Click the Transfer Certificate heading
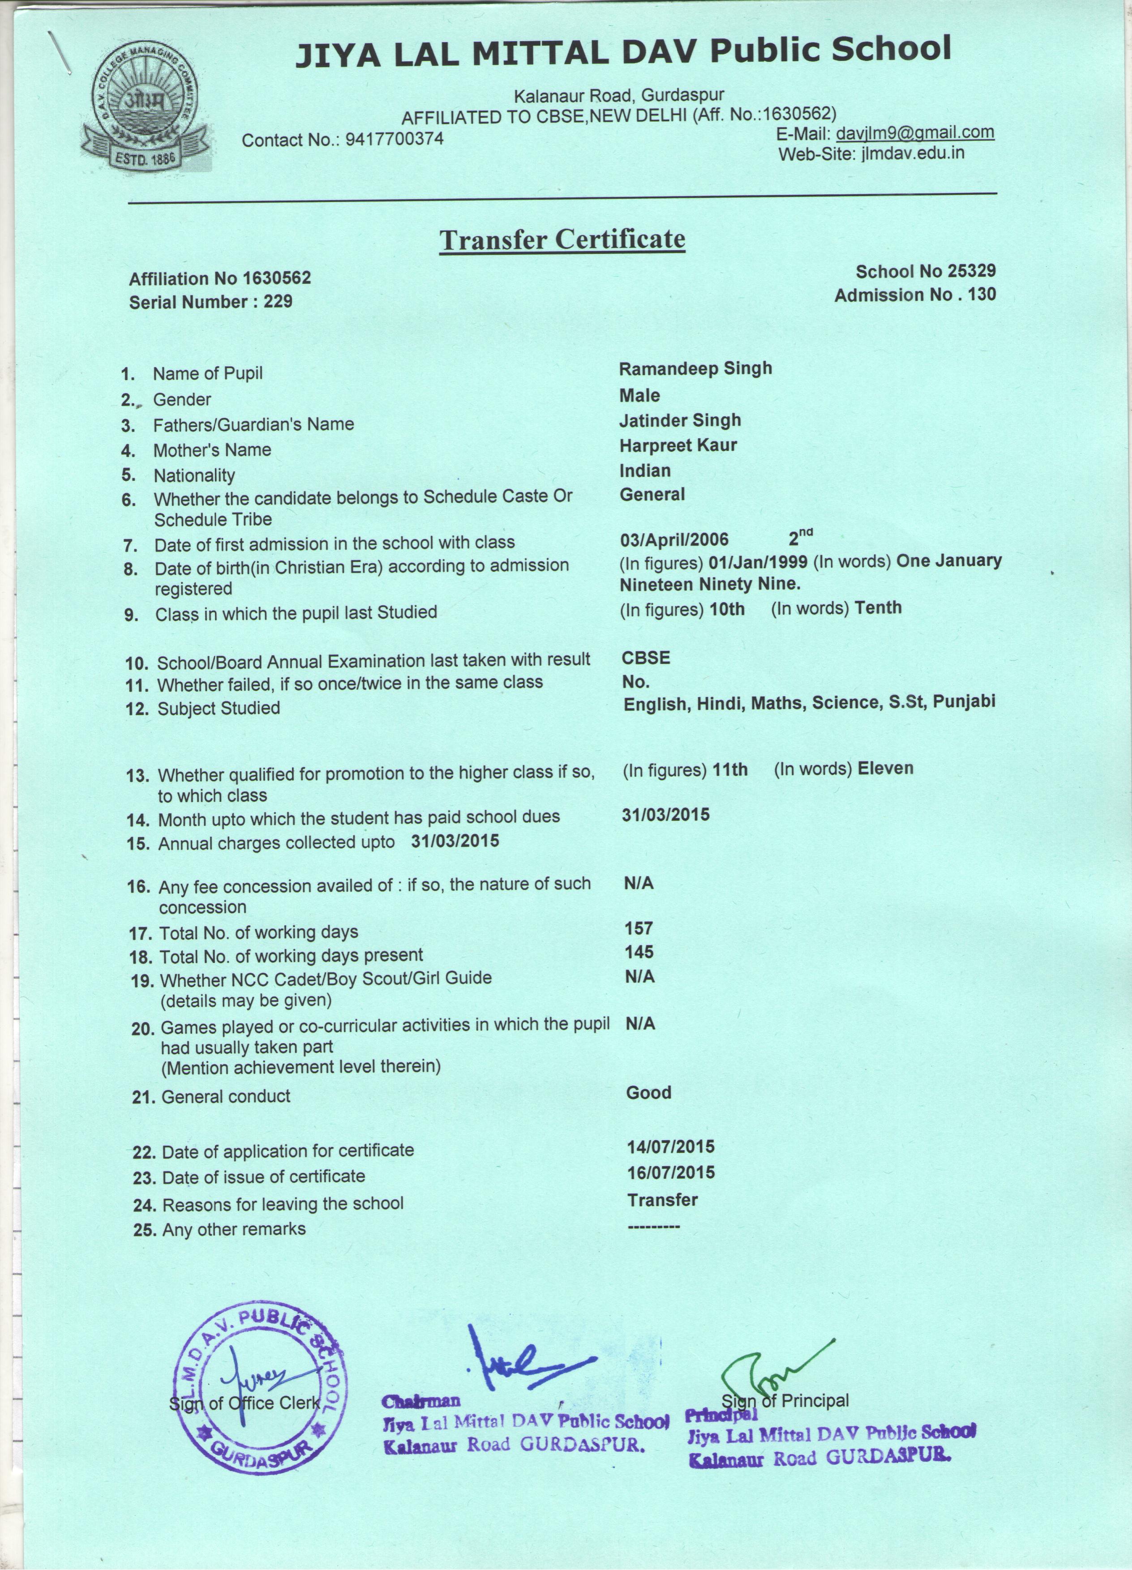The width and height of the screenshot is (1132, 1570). coord(562,240)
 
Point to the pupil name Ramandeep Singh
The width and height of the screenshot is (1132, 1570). coord(695,368)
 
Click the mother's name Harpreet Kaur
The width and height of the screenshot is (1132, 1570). coord(678,445)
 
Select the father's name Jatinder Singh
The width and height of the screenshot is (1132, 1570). coord(680,420)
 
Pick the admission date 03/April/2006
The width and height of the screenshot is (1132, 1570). coord(673,539)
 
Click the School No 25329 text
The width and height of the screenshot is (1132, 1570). coord(925,271)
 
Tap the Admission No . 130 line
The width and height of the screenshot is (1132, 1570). coord(915,295)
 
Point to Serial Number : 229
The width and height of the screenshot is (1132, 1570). coord(210,302)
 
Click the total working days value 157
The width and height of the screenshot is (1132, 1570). coord(639,928)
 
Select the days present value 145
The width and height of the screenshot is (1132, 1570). coord(639,952)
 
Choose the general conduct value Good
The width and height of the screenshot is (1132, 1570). coord(649,1092)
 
